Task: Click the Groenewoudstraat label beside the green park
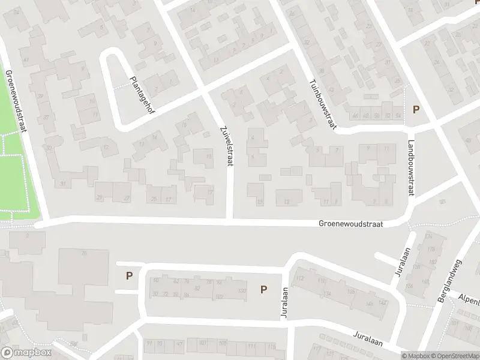(16, 102)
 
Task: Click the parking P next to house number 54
(415, 110)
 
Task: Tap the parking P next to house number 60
(128, 276)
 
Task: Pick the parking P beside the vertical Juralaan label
(263, 290)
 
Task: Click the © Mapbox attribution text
(415, 355)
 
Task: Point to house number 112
(301, 278)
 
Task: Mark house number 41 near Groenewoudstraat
(26, 60)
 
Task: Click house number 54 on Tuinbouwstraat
(398, 115)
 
